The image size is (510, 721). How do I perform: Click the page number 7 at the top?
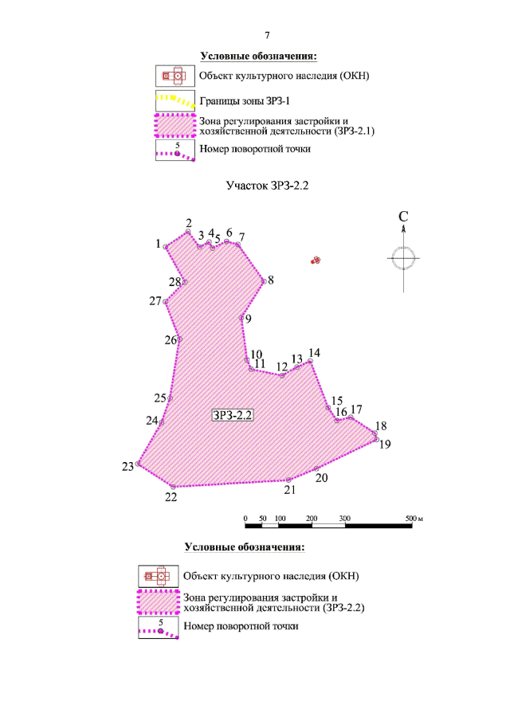click(x=267, y=35)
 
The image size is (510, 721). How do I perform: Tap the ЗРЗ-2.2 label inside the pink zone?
click(x=233, y=415)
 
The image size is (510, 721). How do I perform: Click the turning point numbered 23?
click(x=138, y=464)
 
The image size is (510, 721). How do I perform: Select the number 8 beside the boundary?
click(x=270, y=280)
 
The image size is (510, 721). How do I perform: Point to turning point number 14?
click(x=311, y=362)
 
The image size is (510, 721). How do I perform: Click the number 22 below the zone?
click(x=171, y=497)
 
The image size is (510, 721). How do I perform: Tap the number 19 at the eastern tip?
click(x=385, y=445)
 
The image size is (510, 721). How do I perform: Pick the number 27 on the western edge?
click(x=155, y=301)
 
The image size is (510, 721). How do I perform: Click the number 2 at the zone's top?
click(x=189, y=224)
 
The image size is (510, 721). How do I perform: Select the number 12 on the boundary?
click(x=282, y=367)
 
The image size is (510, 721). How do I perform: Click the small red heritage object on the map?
click(x=316, y=261)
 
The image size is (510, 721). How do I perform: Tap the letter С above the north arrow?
click(x=403, y=217)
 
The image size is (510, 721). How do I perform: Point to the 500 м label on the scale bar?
click(x=414, y=518)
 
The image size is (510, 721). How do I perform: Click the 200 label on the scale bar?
click(x=312, y=518)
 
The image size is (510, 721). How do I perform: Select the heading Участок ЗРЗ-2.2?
click(x=267, y=186)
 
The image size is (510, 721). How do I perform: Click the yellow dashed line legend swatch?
click(x=175, y=100)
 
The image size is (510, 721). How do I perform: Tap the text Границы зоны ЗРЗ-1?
click(x=245, y=101)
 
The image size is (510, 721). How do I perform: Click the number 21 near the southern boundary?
click(x=290, y=490)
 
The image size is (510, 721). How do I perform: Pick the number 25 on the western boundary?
click(x=160, y=398)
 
